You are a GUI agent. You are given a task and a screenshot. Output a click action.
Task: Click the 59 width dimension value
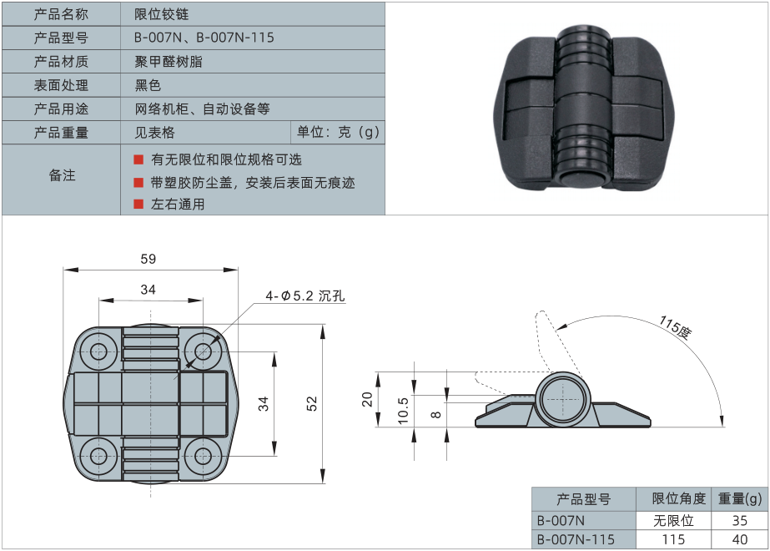[x=148, y=259]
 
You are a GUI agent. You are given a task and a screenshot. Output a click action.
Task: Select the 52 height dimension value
[x=312, y=404]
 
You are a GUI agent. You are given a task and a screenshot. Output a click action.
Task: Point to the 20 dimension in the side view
[x=366, y=399]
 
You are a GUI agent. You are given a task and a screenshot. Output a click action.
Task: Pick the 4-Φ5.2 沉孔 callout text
[x=304, y=296]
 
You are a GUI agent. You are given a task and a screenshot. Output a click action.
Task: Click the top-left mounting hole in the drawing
[x=98, y=350]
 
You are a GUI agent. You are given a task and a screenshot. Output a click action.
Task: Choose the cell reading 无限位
[x=673, y=519]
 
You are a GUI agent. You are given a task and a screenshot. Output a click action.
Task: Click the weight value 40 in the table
[x=739, y=539]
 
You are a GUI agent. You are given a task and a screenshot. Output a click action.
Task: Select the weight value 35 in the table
[x=739, y=519]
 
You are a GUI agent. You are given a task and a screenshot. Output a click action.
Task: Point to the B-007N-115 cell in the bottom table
[x=576, y=539]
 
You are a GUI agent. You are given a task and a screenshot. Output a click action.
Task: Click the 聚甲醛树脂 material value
[x=169, y=61]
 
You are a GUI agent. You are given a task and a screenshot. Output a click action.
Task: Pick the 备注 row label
[x=62, y=175]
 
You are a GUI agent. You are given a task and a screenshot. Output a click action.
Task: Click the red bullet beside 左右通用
[x=139, y=204]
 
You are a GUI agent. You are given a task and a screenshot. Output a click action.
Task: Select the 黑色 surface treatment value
[x=148, y=85]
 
